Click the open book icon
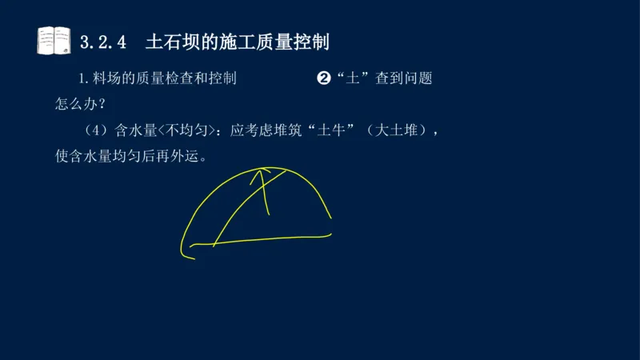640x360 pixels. (x=54, y=39)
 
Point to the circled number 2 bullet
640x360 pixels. (x=324, y=78)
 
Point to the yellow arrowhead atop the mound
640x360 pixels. (x=261, y=173)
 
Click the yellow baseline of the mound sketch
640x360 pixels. (x=272, y=238)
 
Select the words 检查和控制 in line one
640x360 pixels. (x=198, y=78)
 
